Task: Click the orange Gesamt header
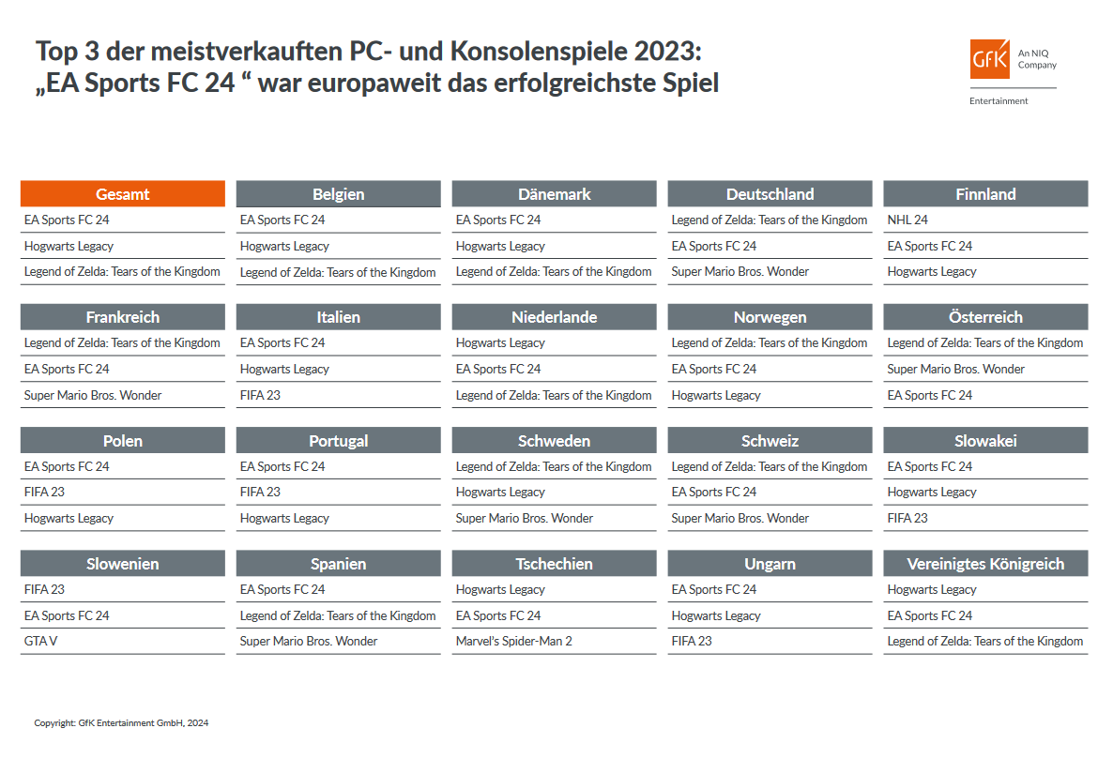tap(123, 194)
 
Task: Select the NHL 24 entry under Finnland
tap(907, 220)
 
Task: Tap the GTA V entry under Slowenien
tap(41, 642)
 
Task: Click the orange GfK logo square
tap(990, 59)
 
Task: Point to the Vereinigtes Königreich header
tap(985, 564)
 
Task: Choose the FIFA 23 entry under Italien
tap(260, 395)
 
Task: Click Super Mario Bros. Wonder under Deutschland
tap(740, 272)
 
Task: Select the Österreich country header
tap(985, 317)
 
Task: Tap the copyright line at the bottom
tap(121, 723)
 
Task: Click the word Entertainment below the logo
tap(999, 101)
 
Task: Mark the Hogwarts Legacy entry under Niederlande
tap(500, 343)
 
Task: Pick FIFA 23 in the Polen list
tap(44, 492)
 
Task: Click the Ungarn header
tap(770, 564)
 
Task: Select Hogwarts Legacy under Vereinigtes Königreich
tap(932, 590)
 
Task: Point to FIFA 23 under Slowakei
tap(907, 518)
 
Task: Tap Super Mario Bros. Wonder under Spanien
tap(309, 642)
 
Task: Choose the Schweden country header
tap(554, 441)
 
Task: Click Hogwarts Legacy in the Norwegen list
tap(716, 395)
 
